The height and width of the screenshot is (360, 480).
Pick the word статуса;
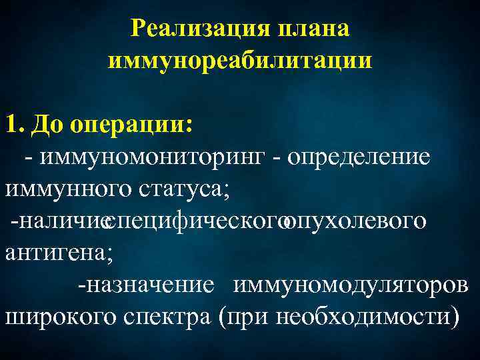(184, 189)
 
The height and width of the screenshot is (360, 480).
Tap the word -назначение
(146, 285)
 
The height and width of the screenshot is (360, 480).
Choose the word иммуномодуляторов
(351, 285)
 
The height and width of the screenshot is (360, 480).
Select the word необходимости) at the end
(367, 316)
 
